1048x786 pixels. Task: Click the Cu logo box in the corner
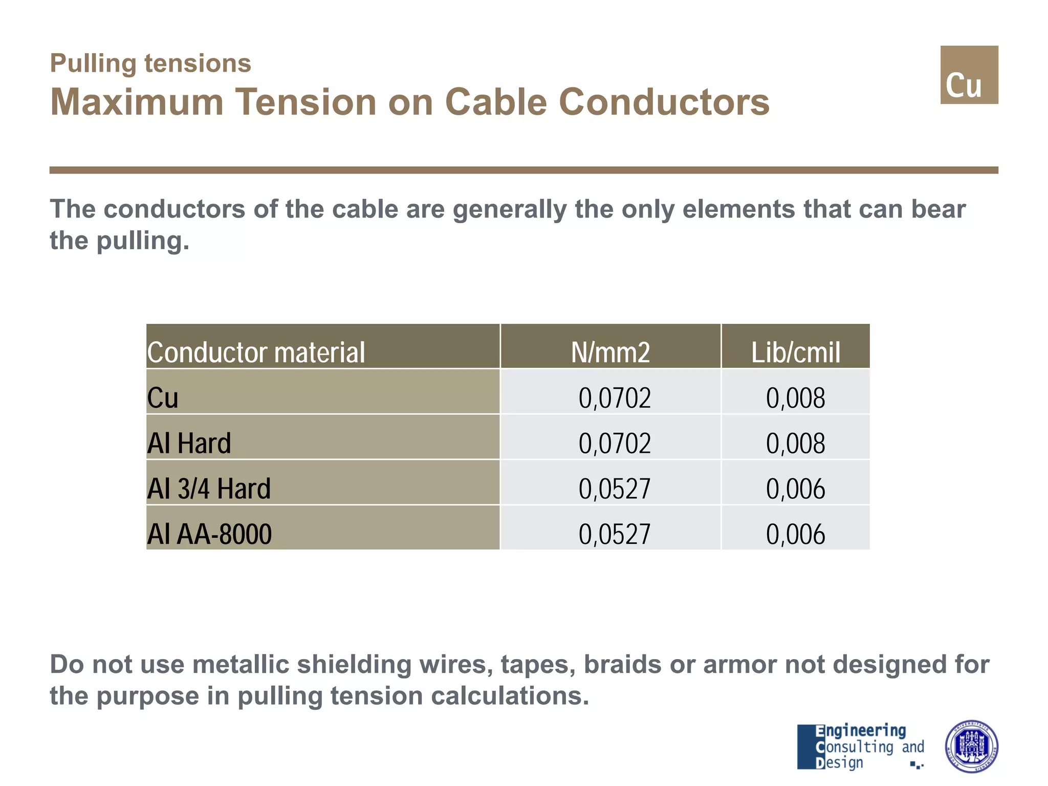(x=969, y=75)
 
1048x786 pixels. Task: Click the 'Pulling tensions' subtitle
(x=150, y=63)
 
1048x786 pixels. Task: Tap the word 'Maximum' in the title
(x=137, y=102)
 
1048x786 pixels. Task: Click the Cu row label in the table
(x=163, y=398)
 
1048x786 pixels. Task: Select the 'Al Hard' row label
(x=189, y=443)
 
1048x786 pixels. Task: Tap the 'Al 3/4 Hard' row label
(x=209, y=488)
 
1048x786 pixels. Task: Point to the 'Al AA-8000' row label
(x=209, y=534)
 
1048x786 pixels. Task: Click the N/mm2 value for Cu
(x=614, y=398)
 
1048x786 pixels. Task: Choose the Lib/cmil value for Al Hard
(x=795, y=443)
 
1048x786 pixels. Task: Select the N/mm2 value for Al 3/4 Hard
(x=614, y=488)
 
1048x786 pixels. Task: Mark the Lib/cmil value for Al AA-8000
(x=795, y=534)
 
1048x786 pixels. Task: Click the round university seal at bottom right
(x=971, y=746)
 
